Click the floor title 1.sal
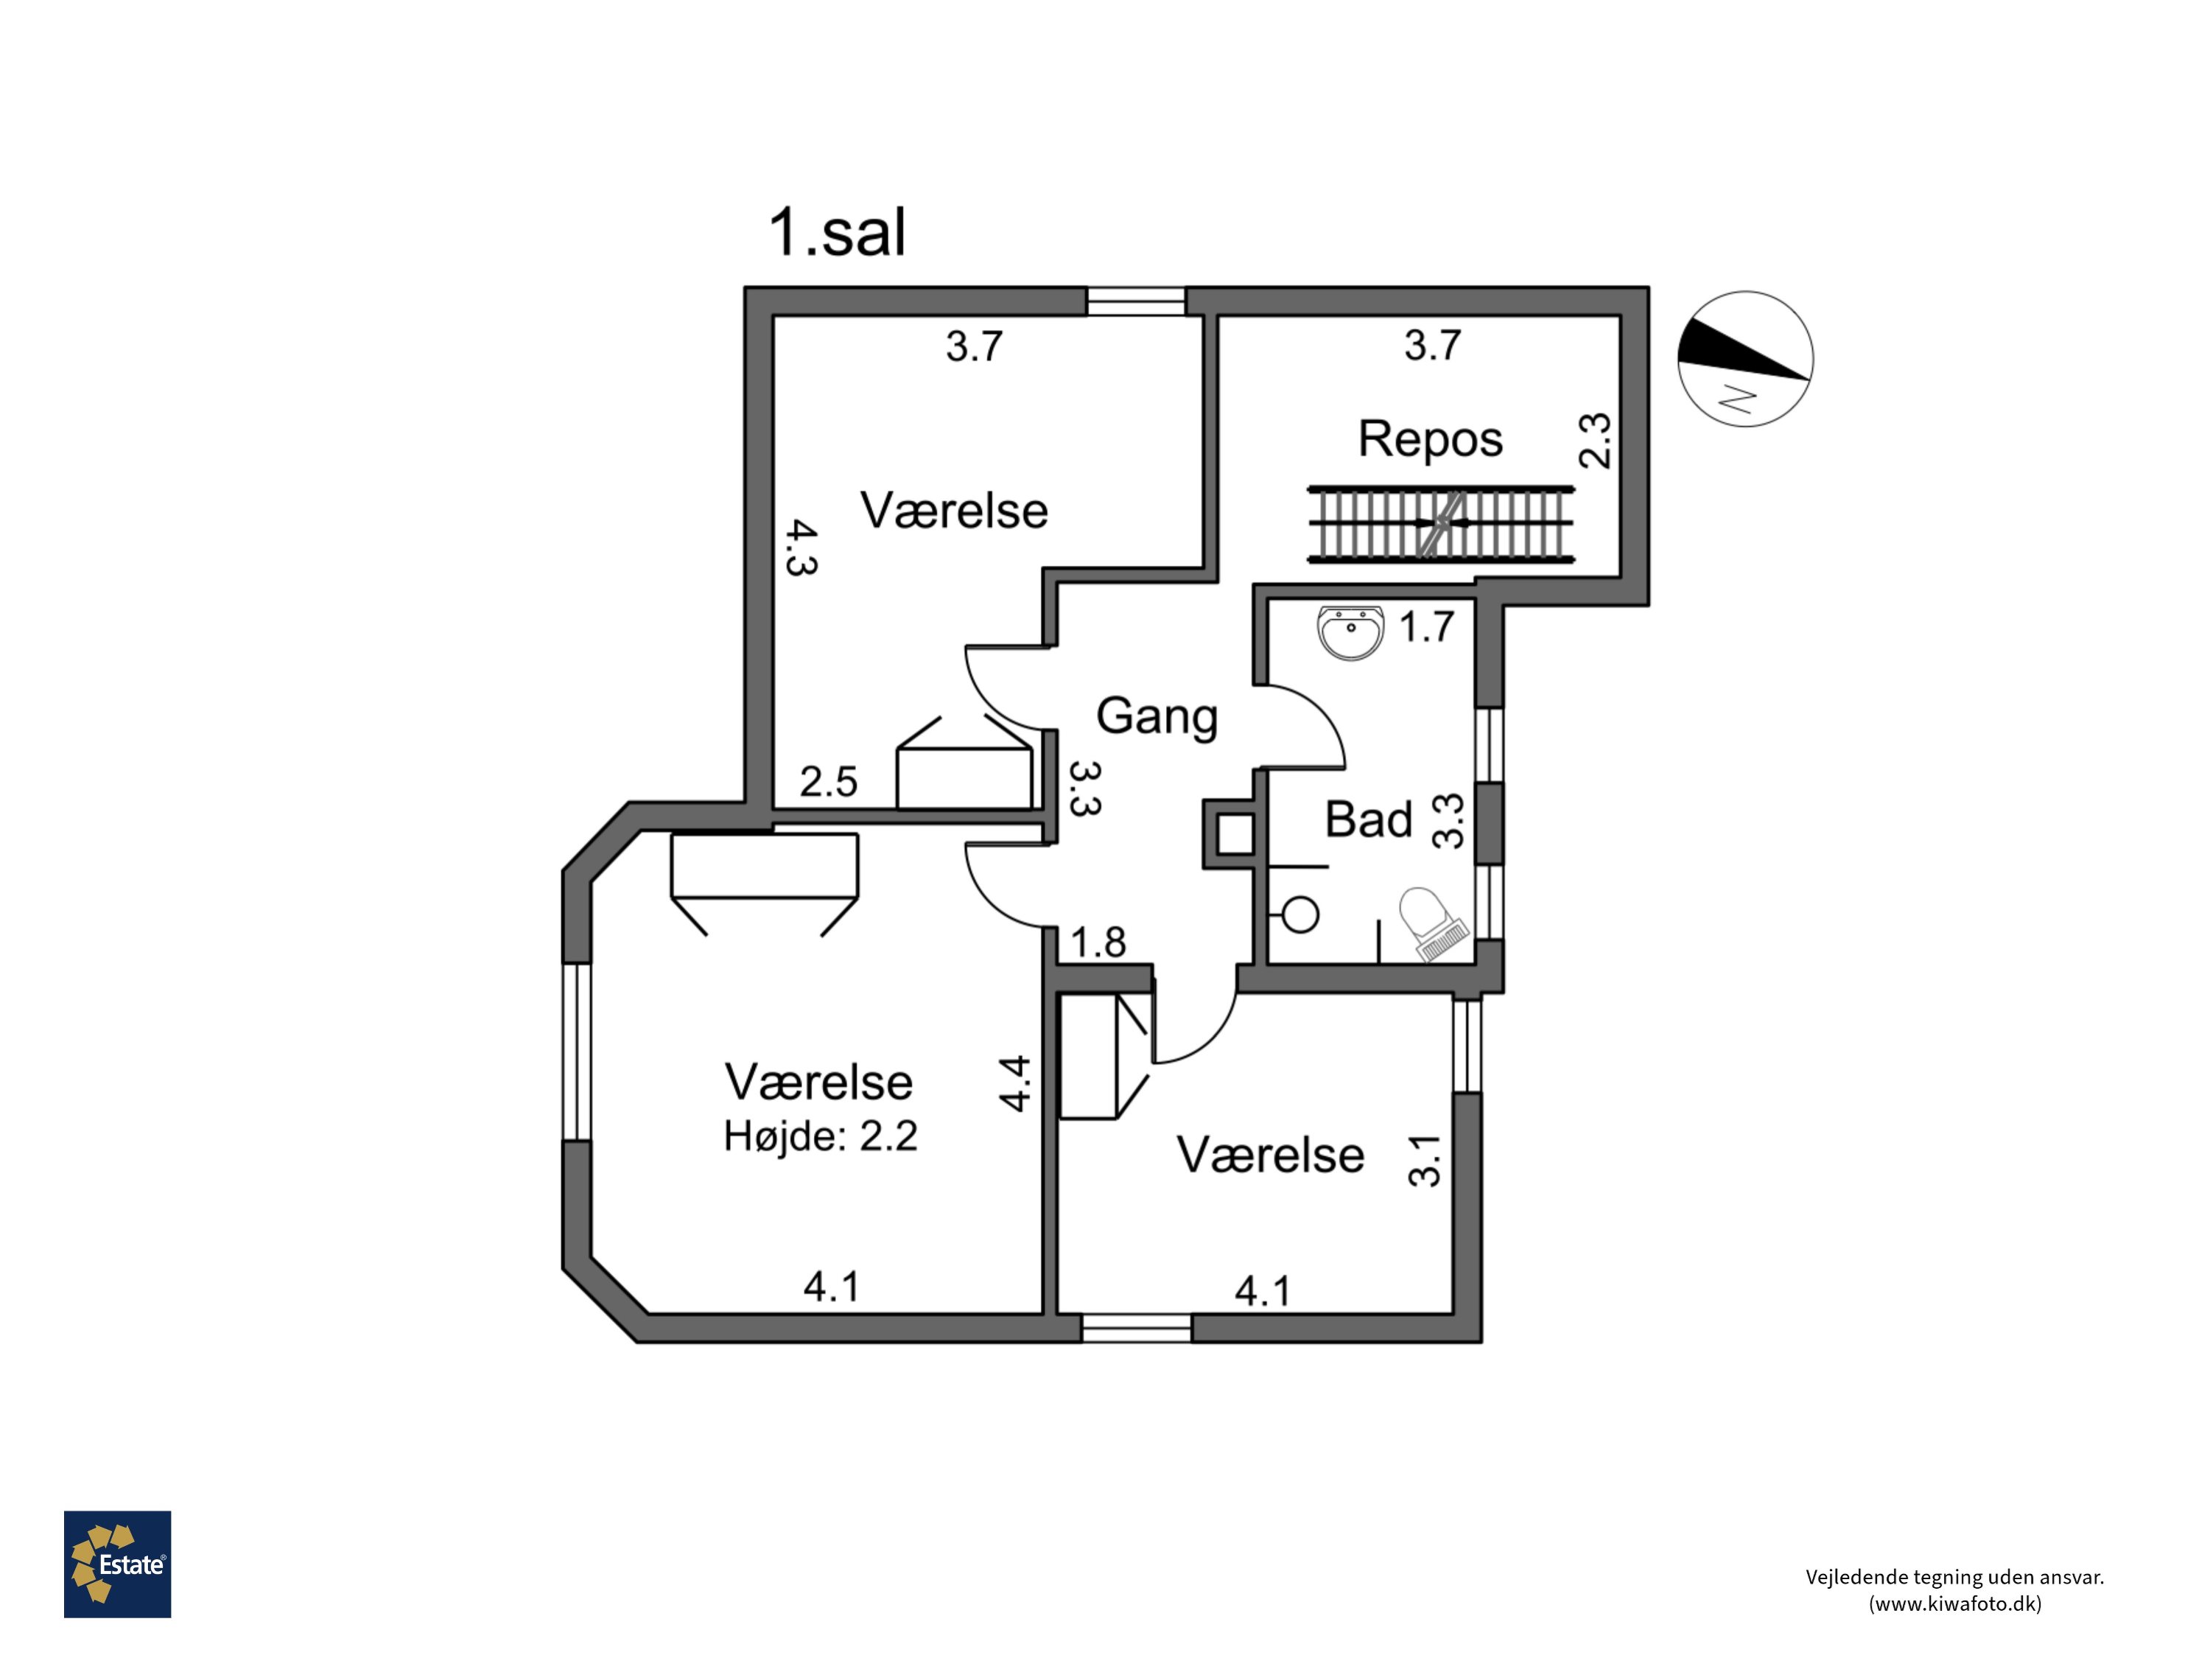coord(838,232)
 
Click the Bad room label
coord(1369,819)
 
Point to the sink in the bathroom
coord(1351,632)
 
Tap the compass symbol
coord(1744,359)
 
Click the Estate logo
coord(117,1564)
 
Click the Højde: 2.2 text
coord(820,1136)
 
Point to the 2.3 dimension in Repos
coord(1595,441)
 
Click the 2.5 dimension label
coord(828,782)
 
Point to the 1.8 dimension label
coord(1098,942)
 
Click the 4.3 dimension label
coord(800,546)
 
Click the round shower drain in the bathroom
coord(1299,914)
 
